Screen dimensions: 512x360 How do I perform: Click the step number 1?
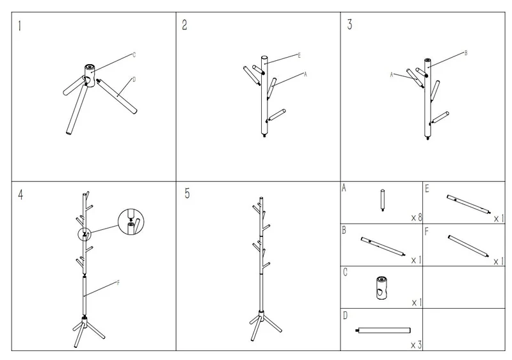20,26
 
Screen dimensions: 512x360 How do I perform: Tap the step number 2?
184,25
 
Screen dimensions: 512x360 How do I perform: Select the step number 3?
349,24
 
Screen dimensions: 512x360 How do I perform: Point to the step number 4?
20,195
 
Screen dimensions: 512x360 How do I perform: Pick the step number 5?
187,193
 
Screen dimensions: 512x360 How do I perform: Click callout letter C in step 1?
134,54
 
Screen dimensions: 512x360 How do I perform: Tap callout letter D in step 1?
134,79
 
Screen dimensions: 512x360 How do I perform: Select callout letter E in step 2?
299,55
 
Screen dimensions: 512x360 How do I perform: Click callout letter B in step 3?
466,53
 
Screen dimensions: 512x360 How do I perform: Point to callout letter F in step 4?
118,282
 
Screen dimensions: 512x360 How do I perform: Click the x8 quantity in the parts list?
417,217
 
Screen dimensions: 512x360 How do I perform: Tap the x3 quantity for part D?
417,345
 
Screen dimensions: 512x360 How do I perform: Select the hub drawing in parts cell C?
381,288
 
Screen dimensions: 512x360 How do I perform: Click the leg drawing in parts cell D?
383,330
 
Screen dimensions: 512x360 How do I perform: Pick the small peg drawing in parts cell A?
382,200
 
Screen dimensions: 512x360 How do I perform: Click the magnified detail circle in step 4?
131,222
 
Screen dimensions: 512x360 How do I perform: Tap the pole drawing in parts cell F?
468,247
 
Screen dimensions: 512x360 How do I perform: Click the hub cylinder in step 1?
90,76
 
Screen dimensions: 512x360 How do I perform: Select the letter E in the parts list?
427,188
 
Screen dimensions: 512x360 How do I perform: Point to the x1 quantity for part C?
417,303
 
